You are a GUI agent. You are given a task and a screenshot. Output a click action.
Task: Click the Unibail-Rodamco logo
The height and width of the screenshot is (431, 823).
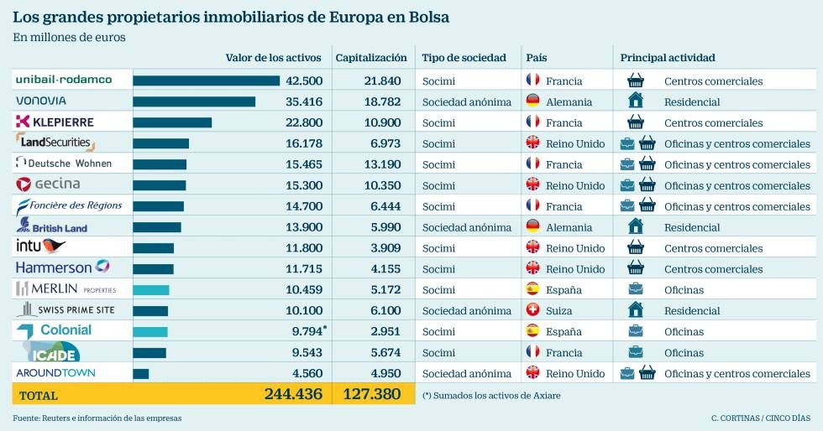tap(63, 80)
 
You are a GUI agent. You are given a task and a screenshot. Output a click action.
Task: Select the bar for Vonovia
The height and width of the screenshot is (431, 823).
tap(194, 101)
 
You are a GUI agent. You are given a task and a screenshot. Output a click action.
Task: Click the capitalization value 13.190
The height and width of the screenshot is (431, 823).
tap(383, 164)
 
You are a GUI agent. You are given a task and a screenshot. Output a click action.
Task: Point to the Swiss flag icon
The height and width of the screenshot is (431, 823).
tap(532, 310)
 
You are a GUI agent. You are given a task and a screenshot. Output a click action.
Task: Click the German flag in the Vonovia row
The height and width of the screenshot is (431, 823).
tap(532, 101)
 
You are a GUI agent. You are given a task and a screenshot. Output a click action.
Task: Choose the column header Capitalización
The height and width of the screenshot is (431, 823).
tap(370, 58)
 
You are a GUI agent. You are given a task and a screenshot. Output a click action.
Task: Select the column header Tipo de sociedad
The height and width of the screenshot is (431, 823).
tap(464, 58)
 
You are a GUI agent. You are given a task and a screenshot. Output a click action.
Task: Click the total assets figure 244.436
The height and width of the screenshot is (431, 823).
tap(292, 394)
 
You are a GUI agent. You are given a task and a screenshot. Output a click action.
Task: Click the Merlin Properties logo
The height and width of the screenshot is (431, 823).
tap(66, 289)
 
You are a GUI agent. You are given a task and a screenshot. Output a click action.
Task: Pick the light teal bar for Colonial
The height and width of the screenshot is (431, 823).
tap(150, 331)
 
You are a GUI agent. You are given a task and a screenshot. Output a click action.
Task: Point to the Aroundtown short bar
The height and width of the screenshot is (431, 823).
tap(141, 373)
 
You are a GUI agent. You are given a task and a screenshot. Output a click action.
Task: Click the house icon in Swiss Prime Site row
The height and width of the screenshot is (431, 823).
tap(636, 310)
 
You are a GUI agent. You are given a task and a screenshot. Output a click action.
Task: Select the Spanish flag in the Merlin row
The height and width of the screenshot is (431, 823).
tap(532, 289)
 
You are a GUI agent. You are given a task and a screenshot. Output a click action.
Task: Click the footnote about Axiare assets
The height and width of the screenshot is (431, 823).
tap(490, 395)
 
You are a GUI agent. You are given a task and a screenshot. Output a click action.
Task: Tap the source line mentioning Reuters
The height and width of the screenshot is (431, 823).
tap(97, 418)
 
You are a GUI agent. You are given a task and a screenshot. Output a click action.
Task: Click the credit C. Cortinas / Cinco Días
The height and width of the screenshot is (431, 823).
tap(760, 418)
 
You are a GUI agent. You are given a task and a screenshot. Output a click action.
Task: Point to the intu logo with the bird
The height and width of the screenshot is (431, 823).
tap(40, 247)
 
